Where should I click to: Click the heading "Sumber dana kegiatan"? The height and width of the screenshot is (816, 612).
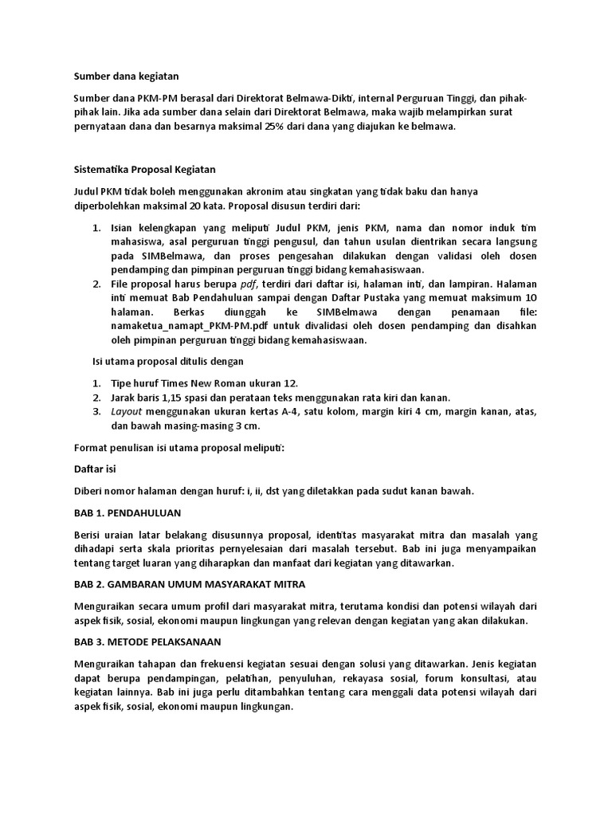pos(127,76)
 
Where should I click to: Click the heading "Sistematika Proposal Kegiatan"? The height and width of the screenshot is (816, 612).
pos(145,170)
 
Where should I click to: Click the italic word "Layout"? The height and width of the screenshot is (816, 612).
pos(126,412)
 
